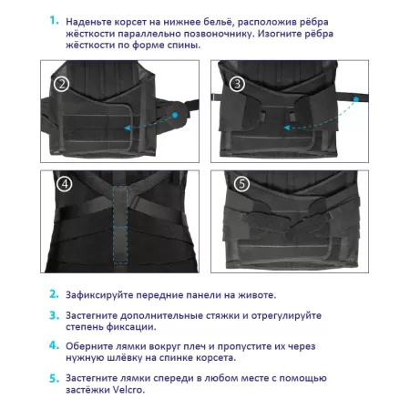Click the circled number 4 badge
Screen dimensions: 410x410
(64, 183)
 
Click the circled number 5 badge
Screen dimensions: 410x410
(241, 183)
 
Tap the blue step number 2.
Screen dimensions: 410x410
(54, 294)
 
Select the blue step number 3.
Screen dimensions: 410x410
(54, 314)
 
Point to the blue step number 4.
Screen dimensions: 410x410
(54, 345)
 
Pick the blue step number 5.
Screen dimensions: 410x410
(54, 377)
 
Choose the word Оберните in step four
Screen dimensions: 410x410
(95, 345)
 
